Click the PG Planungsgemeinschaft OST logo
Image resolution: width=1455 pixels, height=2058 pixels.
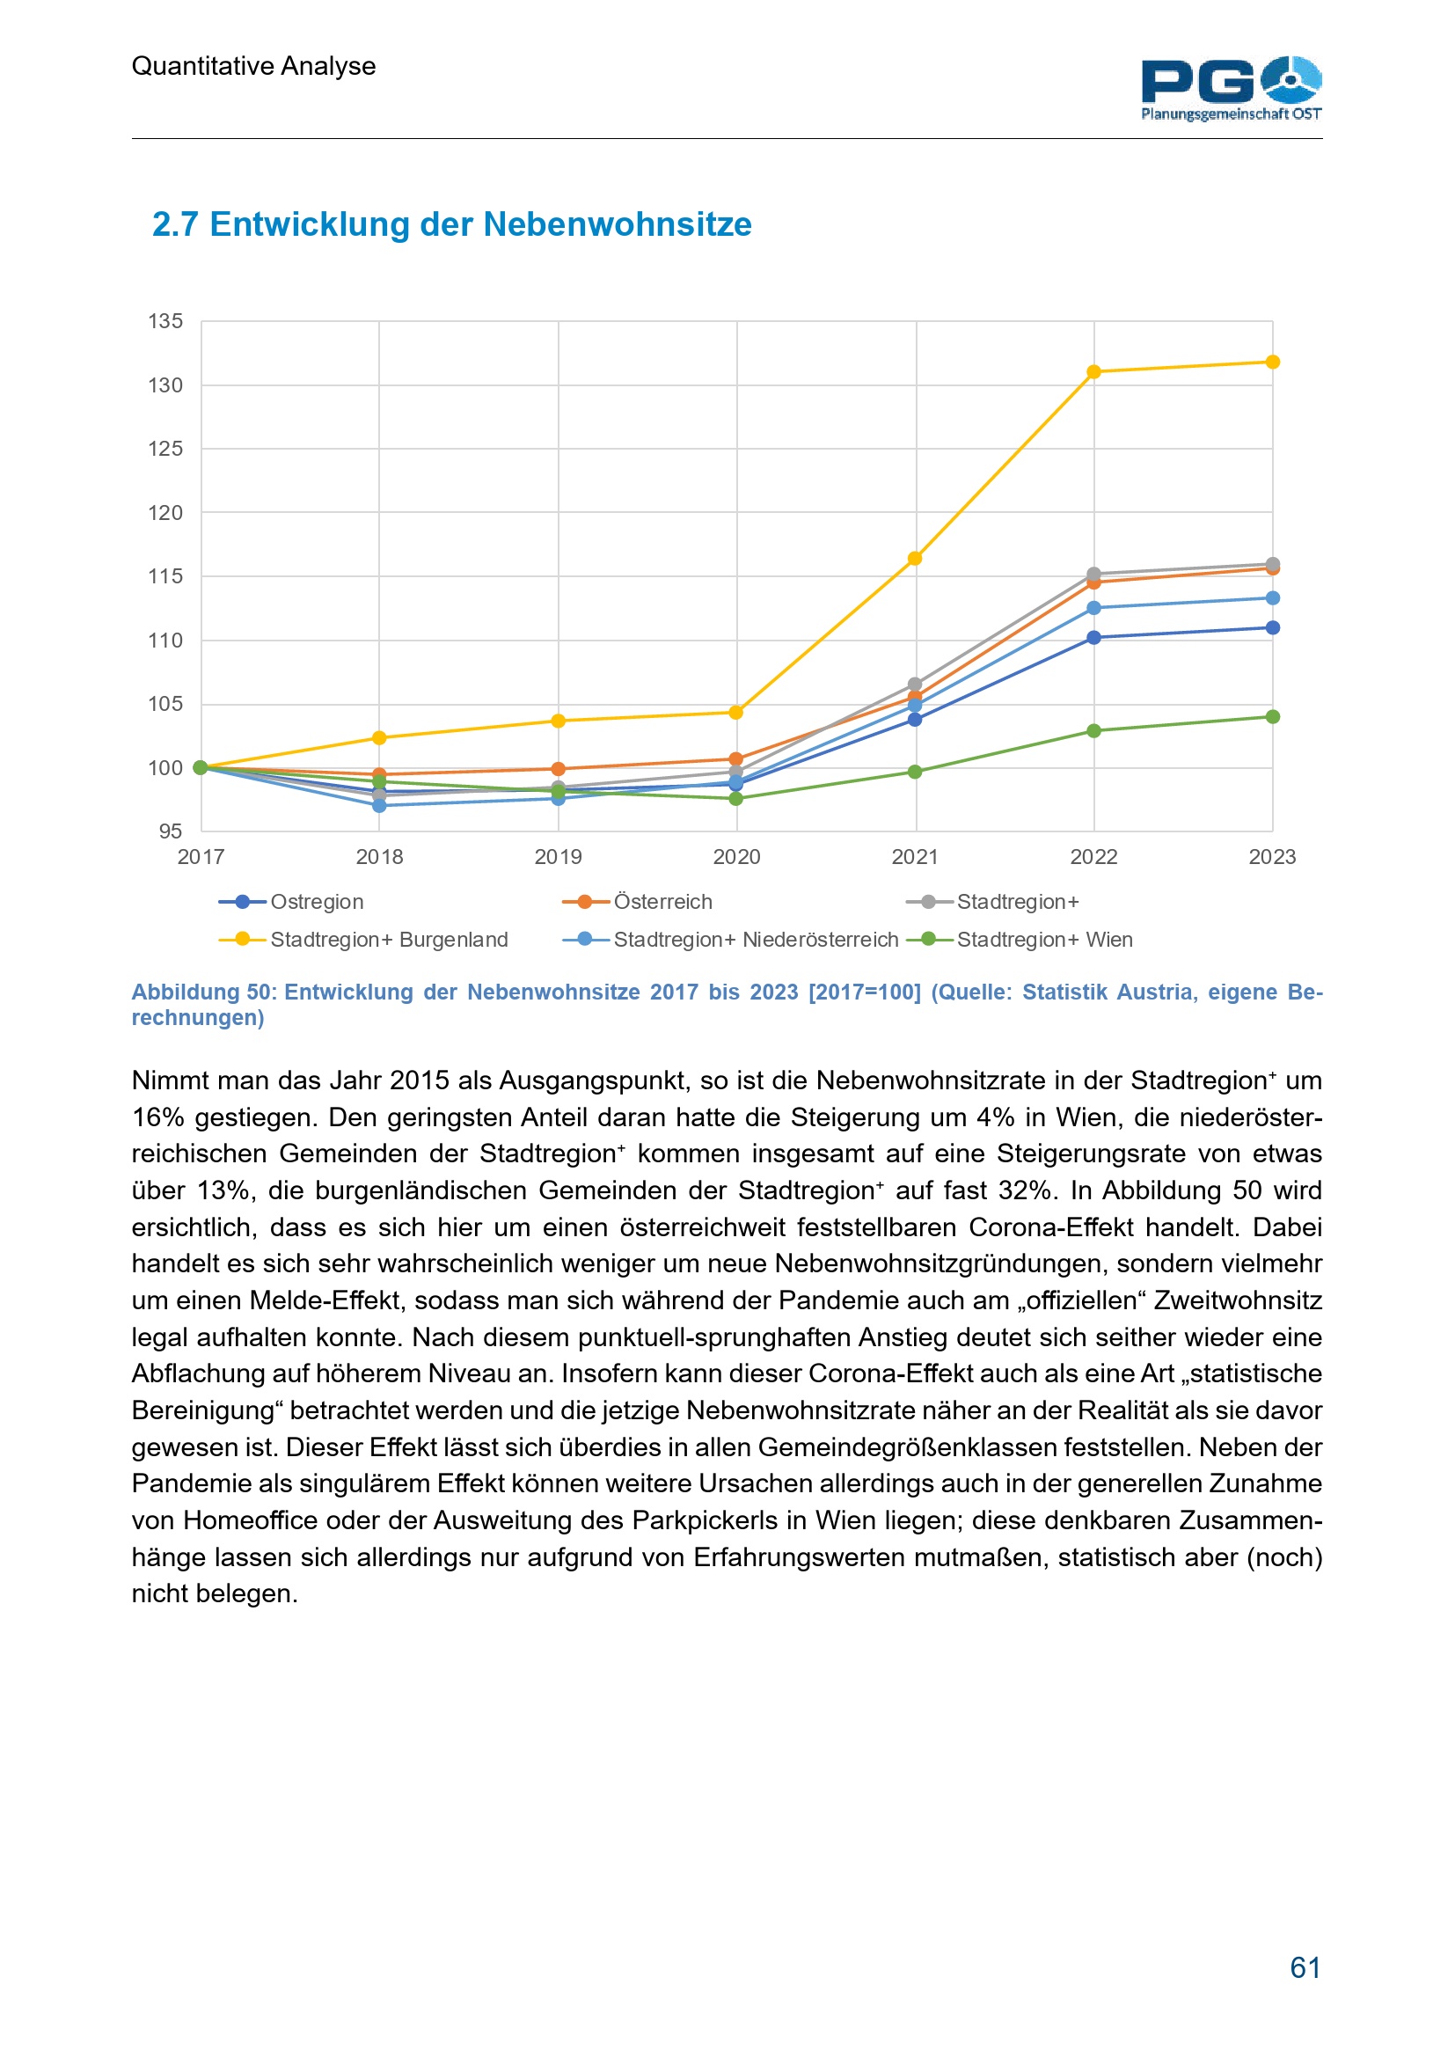(x=1230, y=88)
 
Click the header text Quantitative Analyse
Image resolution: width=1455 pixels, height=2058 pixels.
(x=253, y=66)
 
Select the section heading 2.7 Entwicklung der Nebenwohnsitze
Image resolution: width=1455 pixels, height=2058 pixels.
(x=451, y=224)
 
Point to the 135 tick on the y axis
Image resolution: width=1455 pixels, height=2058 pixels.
(x=165, y=321)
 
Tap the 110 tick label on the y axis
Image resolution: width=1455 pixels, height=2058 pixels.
(x=165, y=640)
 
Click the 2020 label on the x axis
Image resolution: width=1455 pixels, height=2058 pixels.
(x=736, y=857)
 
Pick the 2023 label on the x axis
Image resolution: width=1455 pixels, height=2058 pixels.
(x=1271, y=857)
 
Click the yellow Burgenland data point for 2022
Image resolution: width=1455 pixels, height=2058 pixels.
(x=1094, y=372)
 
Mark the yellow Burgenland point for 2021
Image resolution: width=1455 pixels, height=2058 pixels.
(x=915, y=559)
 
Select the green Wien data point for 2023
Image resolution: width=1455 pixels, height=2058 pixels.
(x=1272, y=717)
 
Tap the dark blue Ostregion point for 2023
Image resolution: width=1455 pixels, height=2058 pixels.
(x=1272, y=627)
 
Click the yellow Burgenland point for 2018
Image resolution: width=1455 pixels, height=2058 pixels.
(x=379, y=737)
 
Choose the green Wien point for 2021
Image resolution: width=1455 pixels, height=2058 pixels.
(x=915, y=772)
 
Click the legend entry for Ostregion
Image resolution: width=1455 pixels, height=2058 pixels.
(x=317, y=902)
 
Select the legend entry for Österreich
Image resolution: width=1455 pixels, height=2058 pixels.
(x=663, y=902)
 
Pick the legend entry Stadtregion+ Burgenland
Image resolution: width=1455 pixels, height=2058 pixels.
(x=389, y=940)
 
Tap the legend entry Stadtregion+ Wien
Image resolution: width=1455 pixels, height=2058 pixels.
(x=1045, y=940)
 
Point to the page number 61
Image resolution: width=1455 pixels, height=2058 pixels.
(x=1305, y=1967)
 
